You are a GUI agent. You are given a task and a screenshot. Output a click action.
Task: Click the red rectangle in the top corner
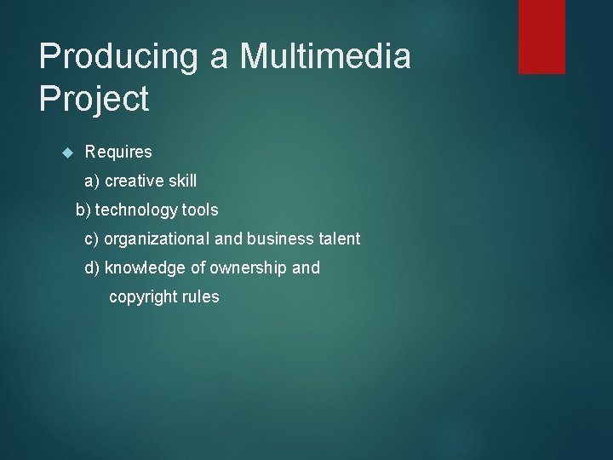[541, 36]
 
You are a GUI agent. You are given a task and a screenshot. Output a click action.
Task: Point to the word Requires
[118, 152]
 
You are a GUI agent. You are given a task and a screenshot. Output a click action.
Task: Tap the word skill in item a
[181, 181]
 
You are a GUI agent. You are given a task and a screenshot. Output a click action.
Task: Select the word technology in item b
[136, 210]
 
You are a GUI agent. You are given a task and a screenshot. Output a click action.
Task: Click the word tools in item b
[200, 210]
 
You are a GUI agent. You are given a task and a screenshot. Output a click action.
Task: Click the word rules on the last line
[199, 297]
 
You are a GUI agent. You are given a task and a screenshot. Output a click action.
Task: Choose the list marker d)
[92, 268]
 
